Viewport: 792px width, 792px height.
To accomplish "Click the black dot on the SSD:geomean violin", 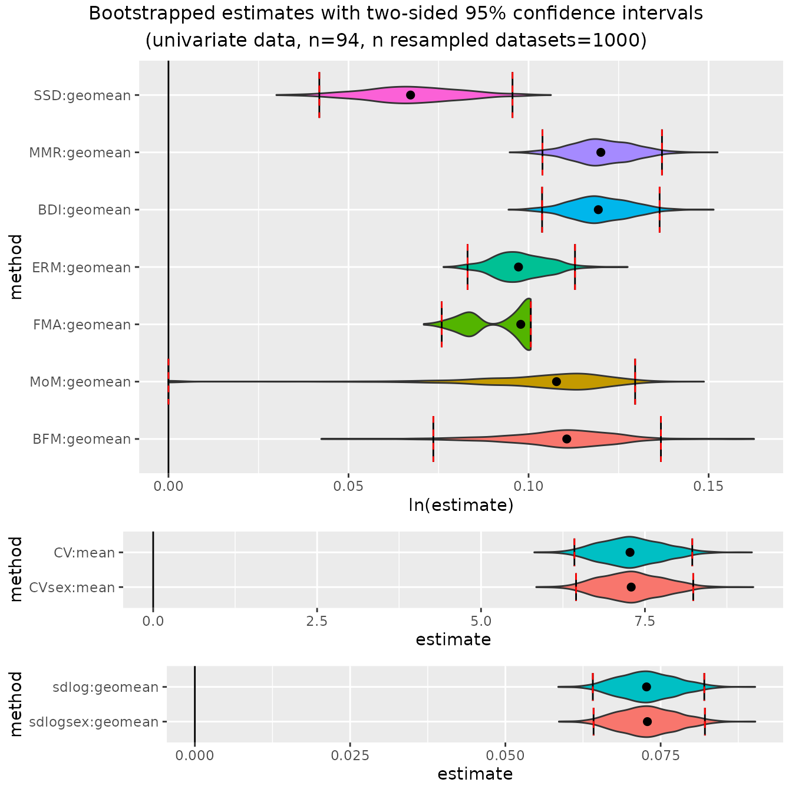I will [410, 95].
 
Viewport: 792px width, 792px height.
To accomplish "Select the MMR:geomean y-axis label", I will [80, 153].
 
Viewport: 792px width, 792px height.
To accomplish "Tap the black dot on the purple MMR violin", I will [600, 152].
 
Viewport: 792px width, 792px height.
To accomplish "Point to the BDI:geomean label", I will [84, 210].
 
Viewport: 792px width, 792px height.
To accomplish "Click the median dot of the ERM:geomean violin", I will [519, 267].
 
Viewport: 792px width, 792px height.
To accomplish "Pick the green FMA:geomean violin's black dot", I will [520, 324].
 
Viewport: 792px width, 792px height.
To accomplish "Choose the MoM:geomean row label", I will [80, 382].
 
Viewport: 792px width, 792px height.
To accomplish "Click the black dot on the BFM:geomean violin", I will [567, 439].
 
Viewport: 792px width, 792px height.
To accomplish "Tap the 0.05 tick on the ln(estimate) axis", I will [348, 486].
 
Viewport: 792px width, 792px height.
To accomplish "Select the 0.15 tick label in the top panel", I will [708, 486].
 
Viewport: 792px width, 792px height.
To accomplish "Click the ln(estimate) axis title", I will [461, 505].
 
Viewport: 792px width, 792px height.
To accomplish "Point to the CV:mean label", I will [84, 553].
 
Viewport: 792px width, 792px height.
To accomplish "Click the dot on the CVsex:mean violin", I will [631, 587].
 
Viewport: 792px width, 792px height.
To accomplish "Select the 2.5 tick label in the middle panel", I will [317, 621].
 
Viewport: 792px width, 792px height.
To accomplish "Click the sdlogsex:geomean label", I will [94, 722].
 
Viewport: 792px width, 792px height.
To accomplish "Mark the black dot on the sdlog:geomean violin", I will [646, 687].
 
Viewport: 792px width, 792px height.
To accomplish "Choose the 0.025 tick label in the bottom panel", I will [350, 755].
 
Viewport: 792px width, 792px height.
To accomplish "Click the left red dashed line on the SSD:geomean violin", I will [319, 95].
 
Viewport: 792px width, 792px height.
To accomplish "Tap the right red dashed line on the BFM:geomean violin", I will [661, 439].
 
